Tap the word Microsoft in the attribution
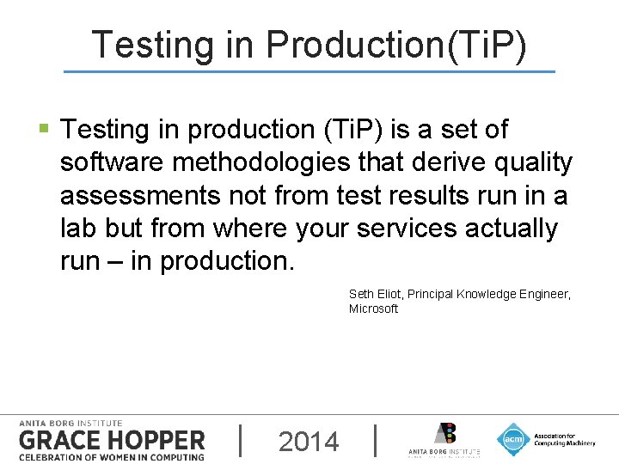[x=373, y=308]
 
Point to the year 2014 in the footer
[x=309, y=442]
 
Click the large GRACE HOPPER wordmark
[x=112, y=440]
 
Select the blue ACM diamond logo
[x=513, y=439]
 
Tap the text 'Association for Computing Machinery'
[x=562, y=439]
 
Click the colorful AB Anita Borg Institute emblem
[x=444, y=434]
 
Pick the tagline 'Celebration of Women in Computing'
[x=112, y=456]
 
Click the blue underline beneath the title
[x=309, y=71]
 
